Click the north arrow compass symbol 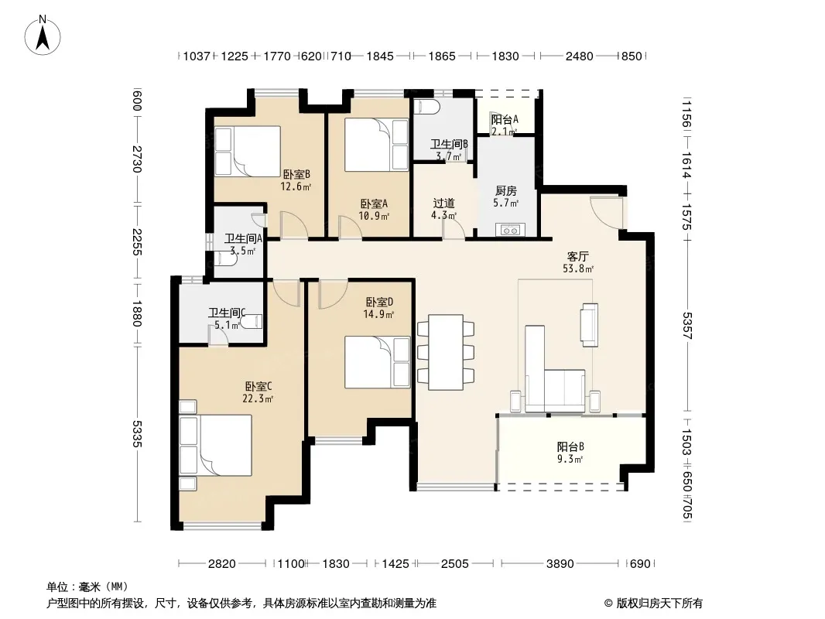tap(43, 35)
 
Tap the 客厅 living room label tap(577, 257)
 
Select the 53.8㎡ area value tap(578, 268)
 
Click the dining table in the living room tap(446, 352)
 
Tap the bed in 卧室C tap(215, 446)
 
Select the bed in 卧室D tap(377, 362)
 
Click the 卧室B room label tap(296, 174)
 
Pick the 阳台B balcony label tap(570, 447)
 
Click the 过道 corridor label tap(443, 203)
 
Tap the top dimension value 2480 tap(580, 56)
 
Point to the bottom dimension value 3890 tap(560, 564)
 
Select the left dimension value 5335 tap(137, 433)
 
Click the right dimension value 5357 tap(687, 326)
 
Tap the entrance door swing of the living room tap(606, 212)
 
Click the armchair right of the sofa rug tap(589, 325)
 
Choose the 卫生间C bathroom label tap(228, 313)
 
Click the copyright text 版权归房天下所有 tap(659, 604)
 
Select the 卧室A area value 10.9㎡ tap(374, 216)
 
